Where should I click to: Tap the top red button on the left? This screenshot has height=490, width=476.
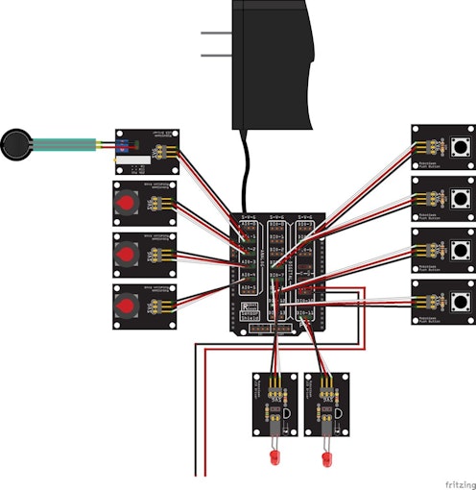pyautogui.click(x=127, y=204)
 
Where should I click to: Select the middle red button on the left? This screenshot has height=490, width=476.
pyautogui.click(x=127, y=255)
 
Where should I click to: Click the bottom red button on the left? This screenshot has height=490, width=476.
pyautogui.click(x=127, y=306)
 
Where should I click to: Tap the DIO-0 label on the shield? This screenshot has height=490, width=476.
pyautogui.click(x=276, y=223)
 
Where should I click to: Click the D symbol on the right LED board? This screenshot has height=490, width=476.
pyautogui.click(x=338, y=412)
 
